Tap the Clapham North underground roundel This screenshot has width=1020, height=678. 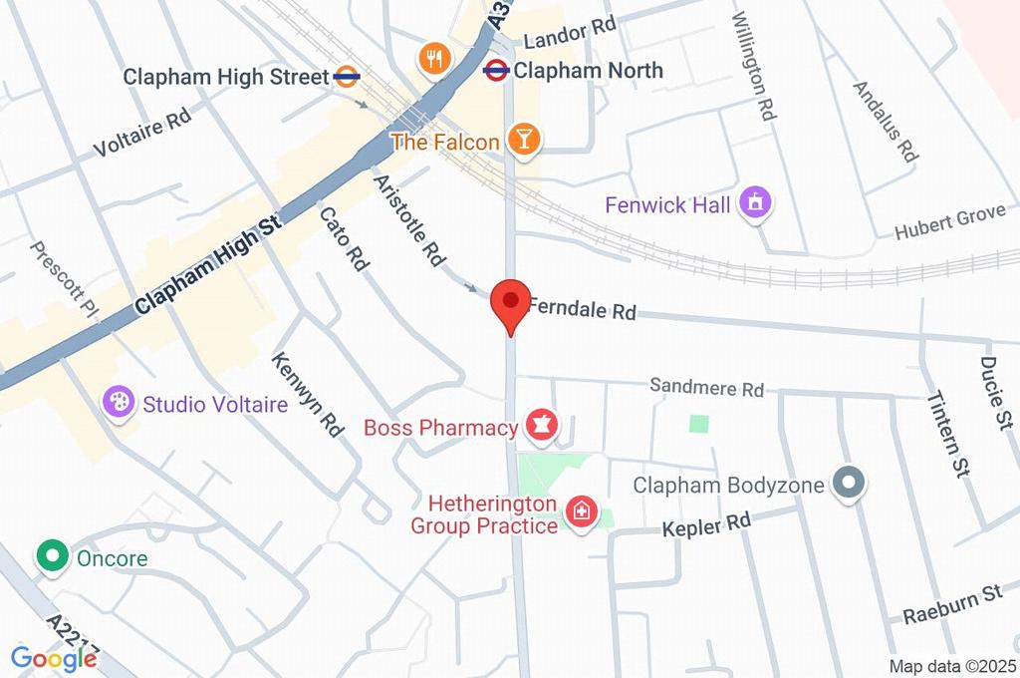[496, 70]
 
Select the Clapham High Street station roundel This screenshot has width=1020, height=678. [347, 77]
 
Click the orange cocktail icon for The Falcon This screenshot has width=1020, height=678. [523, 141]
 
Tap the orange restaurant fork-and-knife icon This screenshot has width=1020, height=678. [433, 57]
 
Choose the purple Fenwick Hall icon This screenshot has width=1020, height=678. [757, 204]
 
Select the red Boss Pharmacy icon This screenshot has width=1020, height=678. [541, 426]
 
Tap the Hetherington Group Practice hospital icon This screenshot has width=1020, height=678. [579, 513]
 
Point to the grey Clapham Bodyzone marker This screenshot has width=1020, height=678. [849, 486]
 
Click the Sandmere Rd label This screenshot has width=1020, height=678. [706, 388]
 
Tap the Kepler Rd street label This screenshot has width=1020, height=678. [707, 524]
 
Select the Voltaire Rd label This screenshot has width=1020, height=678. [141, 134]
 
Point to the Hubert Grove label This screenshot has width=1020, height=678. [949, 222]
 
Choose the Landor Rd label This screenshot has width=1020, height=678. [569, 36]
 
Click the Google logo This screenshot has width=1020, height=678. [54, 659]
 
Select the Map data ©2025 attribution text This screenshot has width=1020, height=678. [951, 666]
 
